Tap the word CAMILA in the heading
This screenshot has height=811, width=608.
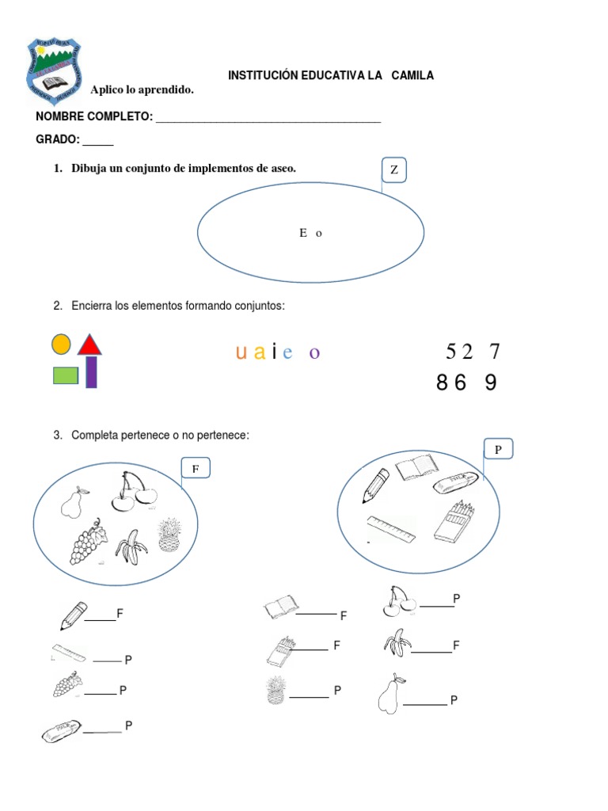pyautogui.click(x=412, y=76)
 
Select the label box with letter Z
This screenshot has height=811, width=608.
pyautogui.click(x=393, y=169)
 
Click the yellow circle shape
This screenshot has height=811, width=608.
pyautogui.click(x=61, y=345)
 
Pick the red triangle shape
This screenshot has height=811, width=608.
pyautogui.click(x=89, y=345)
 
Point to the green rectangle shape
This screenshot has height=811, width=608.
pyautogui.click(x=66, y=375)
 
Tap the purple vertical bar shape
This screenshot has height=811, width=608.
pyautogui.click(x=91, y=372)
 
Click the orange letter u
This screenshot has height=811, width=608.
pyautogui.click(x=241, y=352)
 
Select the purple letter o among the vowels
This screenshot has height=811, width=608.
pyautogui.click(x=314, y=353)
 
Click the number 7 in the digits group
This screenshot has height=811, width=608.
pyautogui.click(x=496, y=352)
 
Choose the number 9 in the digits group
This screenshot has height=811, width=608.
pyautogui.click(x=491, y=383)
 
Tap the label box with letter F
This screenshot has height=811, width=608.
pyautogui.click(x=195, y=469)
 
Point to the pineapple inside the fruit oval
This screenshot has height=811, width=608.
pyautogui.click(x=168, y=535)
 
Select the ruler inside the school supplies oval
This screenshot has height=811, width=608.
pyautogui.click(x=391, y=529)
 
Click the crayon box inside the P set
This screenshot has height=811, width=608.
pyautogui.click(x=454, y=520)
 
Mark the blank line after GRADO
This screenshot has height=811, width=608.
pyautogui.click(x=98, y=144)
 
